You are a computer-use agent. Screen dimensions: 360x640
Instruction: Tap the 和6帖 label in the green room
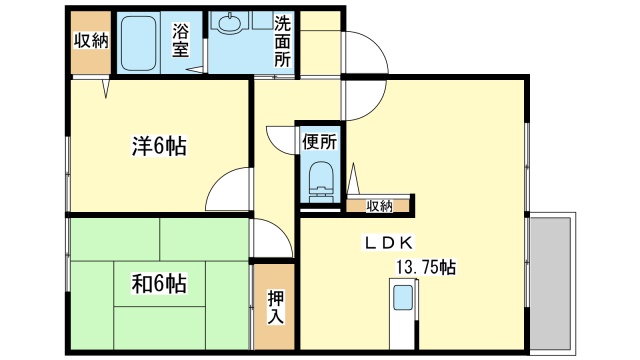[x=159, y=283]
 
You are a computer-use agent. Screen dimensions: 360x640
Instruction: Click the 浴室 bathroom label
[x=181, y=39]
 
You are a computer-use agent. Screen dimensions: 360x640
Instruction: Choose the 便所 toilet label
[x=320, y=141]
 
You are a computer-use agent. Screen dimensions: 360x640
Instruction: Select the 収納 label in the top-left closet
[x=90, y=40]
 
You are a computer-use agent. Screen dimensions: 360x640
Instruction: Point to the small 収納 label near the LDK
[x=379, y=206]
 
